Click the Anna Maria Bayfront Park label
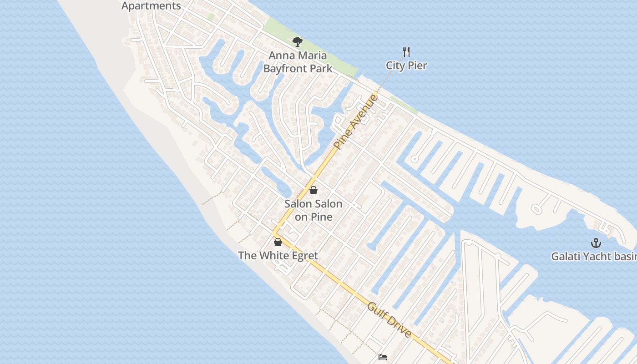point(298,62)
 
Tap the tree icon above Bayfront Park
point(298,42)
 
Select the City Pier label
point(406,66)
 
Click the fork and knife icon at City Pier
point(406,51)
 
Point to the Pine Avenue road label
point(356,122)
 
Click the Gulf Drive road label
point(389,320)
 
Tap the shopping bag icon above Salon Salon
point(313,190)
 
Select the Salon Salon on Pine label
point(313,210)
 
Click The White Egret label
point(278,256)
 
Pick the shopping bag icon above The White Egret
point(278,242)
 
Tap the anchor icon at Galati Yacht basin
point(596,243)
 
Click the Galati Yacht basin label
point(594,257)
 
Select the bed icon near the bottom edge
point(383,357)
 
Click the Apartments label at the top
point(152,6)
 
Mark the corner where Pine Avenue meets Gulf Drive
point(274,234)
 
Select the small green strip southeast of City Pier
point(404,105)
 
